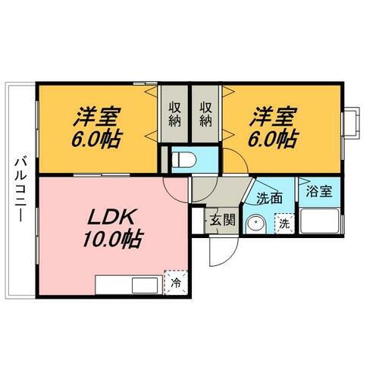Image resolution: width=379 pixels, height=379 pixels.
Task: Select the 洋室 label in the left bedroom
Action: [97, 117]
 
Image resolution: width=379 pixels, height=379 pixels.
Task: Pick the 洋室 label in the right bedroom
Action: [271, 117]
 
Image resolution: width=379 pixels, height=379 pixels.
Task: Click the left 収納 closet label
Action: [174, 114]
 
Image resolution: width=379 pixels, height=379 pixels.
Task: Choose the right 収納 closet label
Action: [205, 114]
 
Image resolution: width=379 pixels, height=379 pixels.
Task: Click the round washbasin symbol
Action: [257, 224]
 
